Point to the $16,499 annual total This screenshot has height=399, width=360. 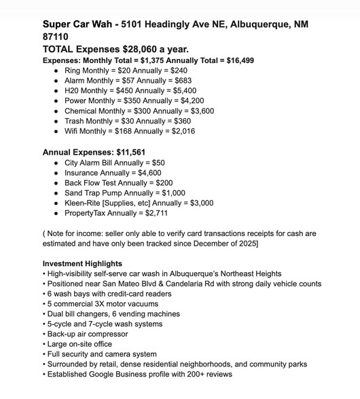click(238, 60)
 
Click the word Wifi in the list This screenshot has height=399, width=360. click(73, 131)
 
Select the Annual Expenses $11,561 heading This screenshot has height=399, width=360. click(94, 153)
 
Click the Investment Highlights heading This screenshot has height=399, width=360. click(82, 263)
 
